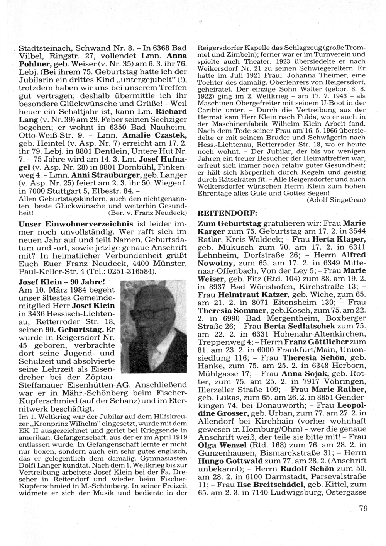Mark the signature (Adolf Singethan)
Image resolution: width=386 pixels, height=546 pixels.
336,200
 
